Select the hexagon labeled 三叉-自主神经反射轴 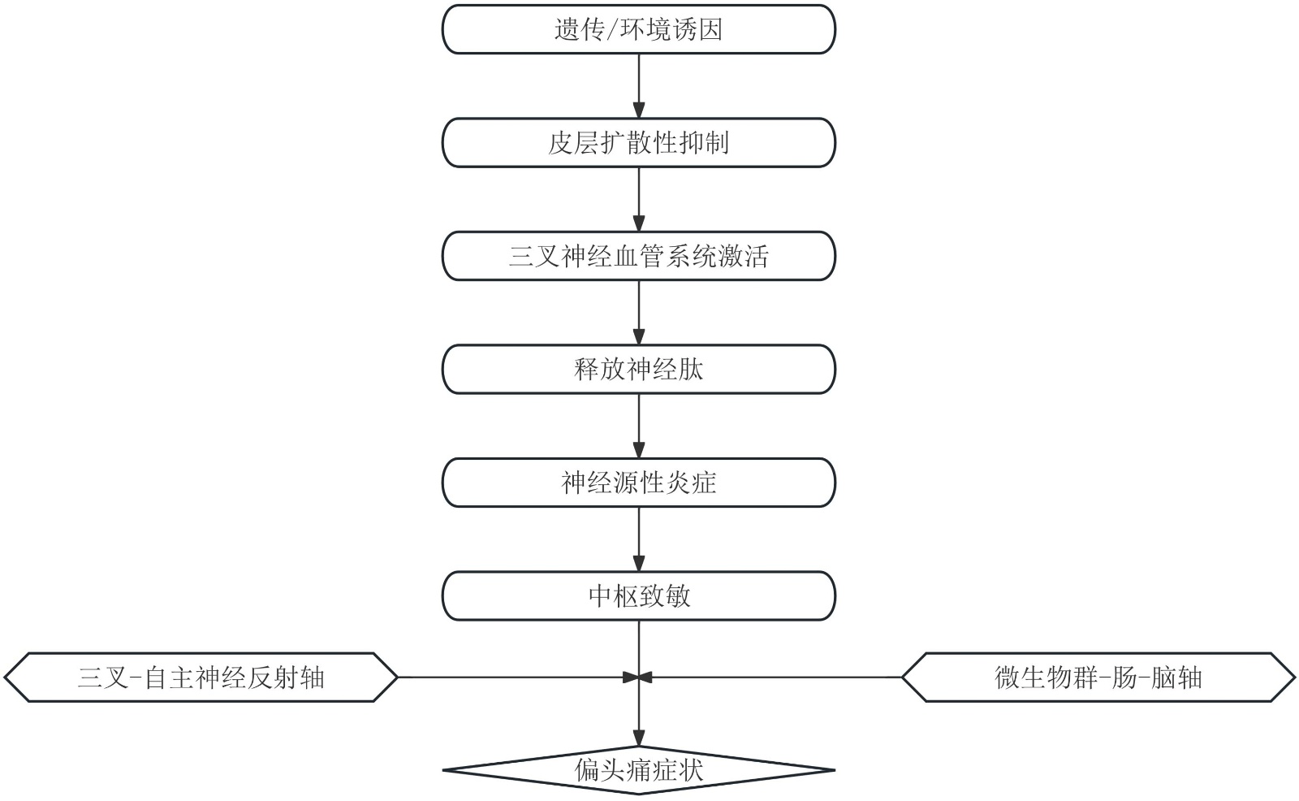pos(201,678)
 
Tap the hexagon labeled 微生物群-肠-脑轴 pos(1098,678)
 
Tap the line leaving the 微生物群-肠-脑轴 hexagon pos(771,677)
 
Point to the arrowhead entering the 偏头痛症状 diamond pos(639,738)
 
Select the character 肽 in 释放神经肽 pos(691,370)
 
